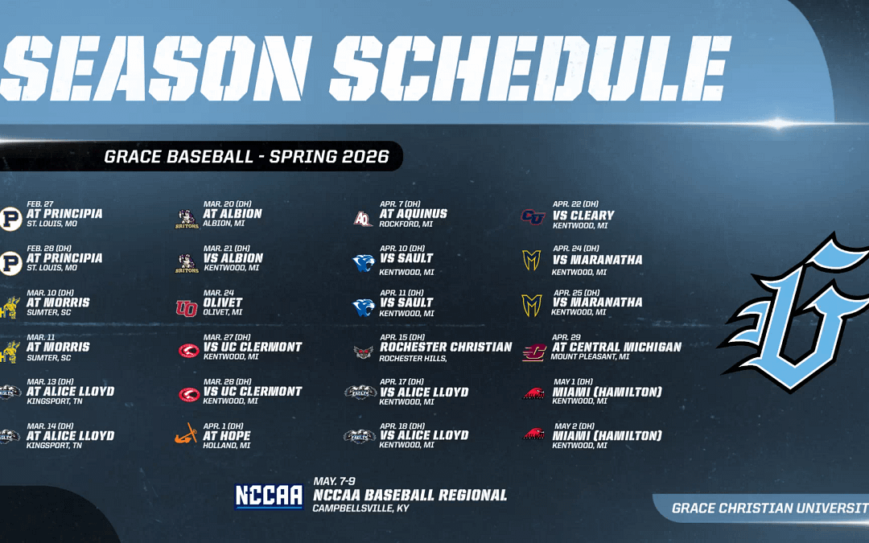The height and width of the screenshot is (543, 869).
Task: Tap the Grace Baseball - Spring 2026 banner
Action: pos(246,156)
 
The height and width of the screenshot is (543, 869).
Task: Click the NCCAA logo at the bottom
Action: pos(269,496)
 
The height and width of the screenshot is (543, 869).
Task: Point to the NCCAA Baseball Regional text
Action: pos(410,495)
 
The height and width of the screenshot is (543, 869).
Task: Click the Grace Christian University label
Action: pos(768,508)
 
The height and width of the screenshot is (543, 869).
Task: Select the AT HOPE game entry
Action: pos(228,435)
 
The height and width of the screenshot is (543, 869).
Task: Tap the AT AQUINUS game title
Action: pos(413,214)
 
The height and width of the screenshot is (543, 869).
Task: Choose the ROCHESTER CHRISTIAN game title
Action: pos(446,347)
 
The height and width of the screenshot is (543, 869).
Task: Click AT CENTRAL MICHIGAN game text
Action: pos(616,348)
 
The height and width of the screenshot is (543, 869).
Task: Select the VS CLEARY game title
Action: pos(583,215)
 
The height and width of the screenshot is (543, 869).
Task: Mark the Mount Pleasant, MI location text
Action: pos(590,357)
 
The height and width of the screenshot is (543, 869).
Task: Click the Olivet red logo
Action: pos(186,307)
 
